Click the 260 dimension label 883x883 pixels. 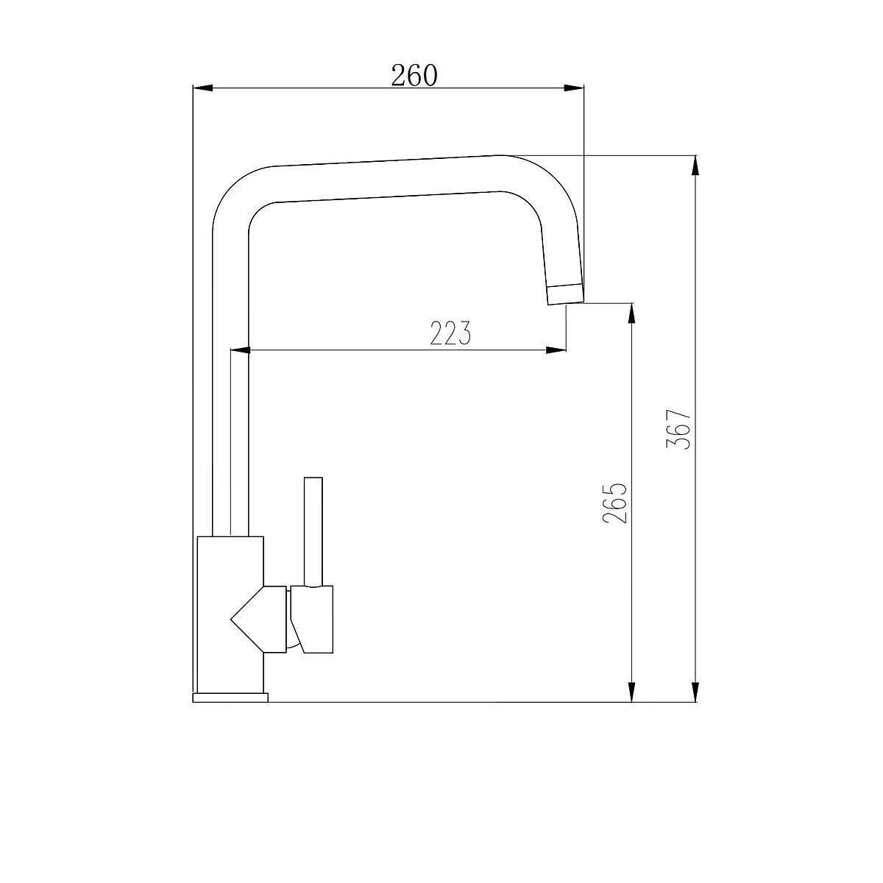tap(414, 76)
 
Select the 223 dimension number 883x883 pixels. tap(450, 333)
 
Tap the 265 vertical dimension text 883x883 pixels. tap(615, 503)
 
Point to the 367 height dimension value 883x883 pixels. tap(678, 429)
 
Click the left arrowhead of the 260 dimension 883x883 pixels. tap(203, 88)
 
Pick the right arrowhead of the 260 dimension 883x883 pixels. tap(574, 88)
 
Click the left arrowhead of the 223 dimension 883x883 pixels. tap(240, 350)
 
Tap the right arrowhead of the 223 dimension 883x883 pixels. tap(556, 350)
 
